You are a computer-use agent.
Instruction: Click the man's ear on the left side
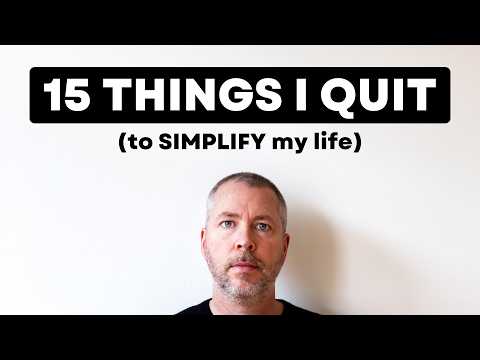[x=205, y=241]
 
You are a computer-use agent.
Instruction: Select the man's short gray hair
[x=245, y=180]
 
